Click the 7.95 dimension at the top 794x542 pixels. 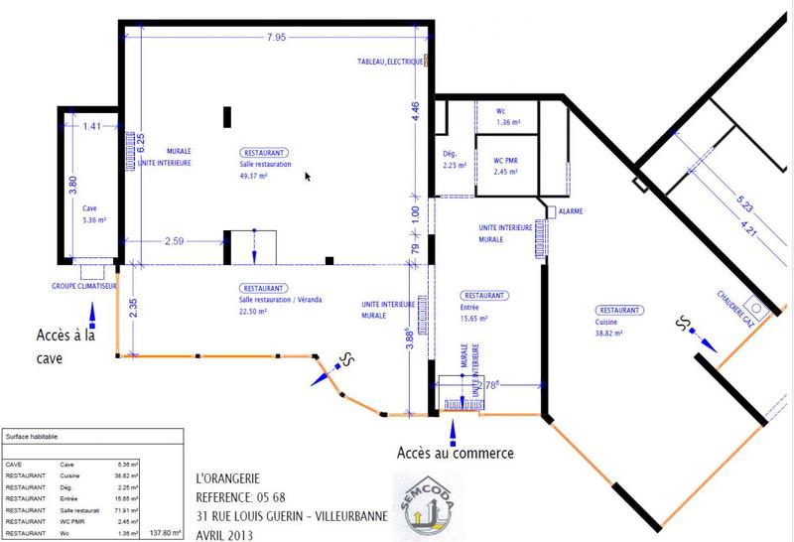(276, 38)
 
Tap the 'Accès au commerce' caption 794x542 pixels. (456, 454)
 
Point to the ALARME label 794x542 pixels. (571, 211)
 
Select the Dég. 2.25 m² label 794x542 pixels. (454, 161)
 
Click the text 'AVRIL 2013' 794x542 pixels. (224, 534)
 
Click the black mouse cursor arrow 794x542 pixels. (308, 176)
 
